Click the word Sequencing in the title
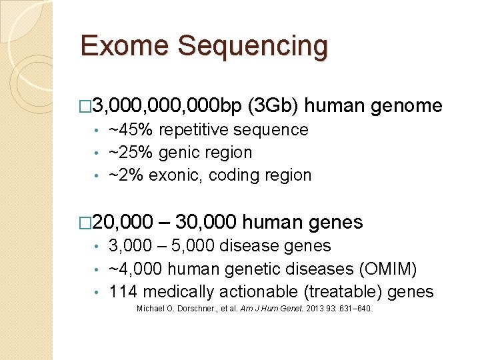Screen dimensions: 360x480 tap(253, 47)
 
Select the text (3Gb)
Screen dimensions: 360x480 tap(276, 105)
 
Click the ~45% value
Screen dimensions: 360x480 tap(127, 130)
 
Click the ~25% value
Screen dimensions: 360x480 tap(127, 153)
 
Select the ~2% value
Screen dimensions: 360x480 tap(123, 175)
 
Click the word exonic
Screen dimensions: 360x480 tap(169, 175)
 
